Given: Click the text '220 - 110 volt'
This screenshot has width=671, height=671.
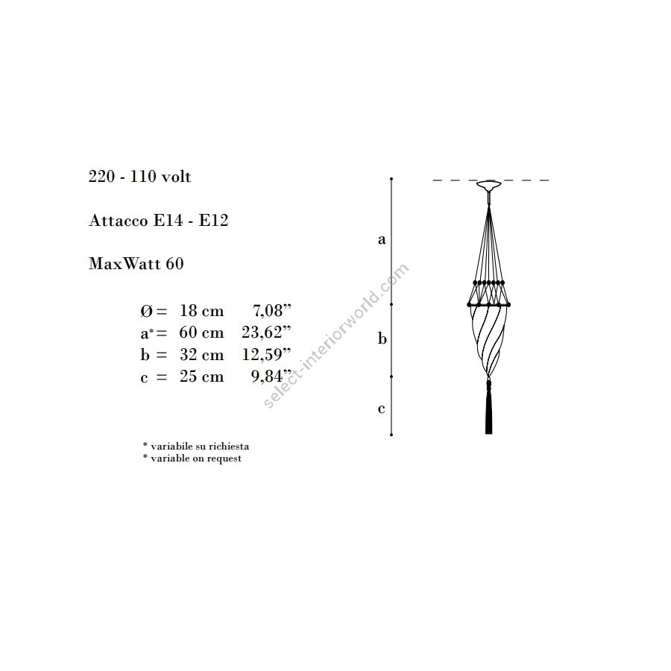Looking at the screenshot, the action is coord(139,176).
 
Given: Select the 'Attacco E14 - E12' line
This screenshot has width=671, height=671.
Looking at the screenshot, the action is coord(158,221).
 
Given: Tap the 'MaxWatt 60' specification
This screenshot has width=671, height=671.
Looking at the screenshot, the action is coord(136,263).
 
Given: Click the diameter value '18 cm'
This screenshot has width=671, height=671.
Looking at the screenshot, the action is coord(201,311).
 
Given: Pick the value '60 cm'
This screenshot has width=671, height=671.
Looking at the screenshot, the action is coord(201,333).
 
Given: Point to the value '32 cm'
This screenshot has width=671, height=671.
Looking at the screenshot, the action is coord(201,355).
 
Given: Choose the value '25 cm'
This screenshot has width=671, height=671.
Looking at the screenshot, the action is coord(201,377).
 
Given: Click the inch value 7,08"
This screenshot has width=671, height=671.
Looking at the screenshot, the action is coord(271,311).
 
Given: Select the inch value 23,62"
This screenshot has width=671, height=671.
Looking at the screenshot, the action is coord(266,332).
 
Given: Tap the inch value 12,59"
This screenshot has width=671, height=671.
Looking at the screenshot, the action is coord(266,354).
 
